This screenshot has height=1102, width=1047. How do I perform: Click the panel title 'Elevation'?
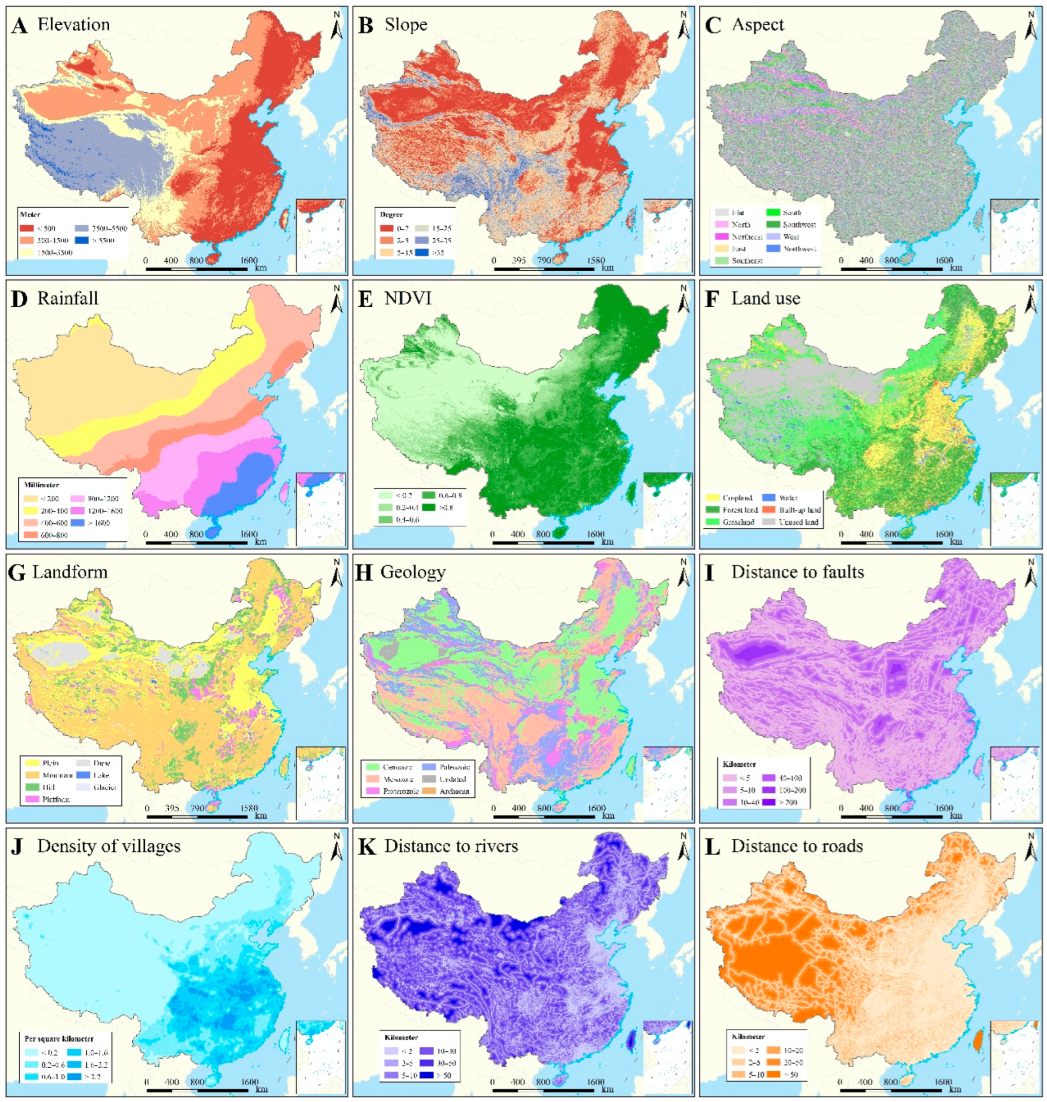click(73, 25)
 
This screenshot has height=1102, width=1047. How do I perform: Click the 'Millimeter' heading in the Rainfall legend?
click(40, 485)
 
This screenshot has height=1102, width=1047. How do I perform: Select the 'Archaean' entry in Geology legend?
click(454, 791)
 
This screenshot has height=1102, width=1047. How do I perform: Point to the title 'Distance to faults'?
click(798, 572)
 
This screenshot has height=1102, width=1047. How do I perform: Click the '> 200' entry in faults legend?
click(786, 802)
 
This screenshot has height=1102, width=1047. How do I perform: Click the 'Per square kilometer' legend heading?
click(59, 1039)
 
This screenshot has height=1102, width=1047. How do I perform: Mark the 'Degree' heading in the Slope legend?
click(391, 214)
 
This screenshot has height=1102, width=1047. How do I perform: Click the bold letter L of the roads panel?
click(712, 847)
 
